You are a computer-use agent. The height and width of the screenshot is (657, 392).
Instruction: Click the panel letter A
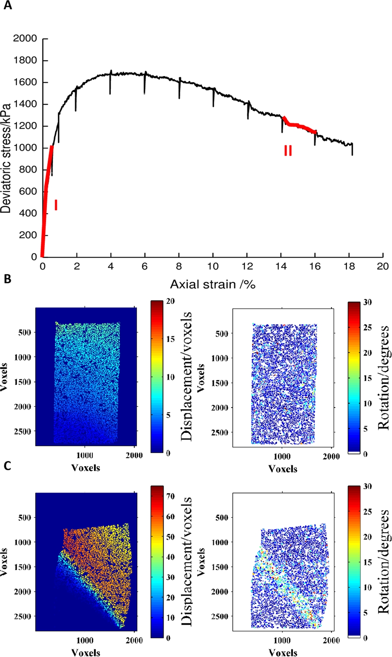[7, 6]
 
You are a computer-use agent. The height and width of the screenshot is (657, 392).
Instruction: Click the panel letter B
[7, 279]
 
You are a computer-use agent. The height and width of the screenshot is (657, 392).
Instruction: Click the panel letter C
[7, 466]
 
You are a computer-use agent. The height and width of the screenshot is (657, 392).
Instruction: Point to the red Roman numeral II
[288, 151]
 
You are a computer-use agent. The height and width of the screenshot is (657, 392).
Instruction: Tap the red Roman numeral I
[56, 205]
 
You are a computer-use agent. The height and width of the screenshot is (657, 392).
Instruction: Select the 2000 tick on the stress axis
[25, 38]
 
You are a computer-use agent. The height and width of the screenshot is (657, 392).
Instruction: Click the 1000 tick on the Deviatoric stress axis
[25, 148]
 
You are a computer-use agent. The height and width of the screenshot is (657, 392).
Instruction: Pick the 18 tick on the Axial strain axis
[349, 266]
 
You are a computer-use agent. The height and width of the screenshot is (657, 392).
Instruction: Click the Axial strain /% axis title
[213, 284]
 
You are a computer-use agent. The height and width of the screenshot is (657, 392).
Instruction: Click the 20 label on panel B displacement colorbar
[170, 301]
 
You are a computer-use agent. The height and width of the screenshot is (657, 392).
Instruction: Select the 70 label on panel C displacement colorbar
[170, 496]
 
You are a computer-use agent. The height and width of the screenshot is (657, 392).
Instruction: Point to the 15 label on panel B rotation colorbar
[367, 378]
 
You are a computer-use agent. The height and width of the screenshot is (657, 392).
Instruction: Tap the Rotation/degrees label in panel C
[383, 562]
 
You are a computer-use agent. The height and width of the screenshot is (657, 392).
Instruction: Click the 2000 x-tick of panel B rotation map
[331, 457]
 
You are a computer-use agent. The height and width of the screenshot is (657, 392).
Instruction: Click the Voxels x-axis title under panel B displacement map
[86, 468]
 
